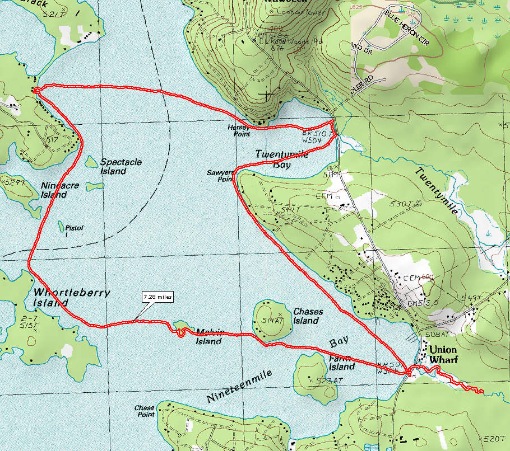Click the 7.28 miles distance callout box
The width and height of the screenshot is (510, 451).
point(157,297)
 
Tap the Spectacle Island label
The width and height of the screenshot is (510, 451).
point(120,167)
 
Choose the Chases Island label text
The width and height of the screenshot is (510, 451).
point(306,316)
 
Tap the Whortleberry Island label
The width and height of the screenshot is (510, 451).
point(71,298)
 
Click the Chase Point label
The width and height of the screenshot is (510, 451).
point(144,411)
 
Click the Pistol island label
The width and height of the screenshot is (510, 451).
point(74,228)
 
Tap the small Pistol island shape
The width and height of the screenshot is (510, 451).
point(61,226)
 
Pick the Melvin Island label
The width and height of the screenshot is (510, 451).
point(210,336)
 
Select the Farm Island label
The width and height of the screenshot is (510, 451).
point(341,363)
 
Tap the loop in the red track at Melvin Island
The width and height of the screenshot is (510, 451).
point(180,332)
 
